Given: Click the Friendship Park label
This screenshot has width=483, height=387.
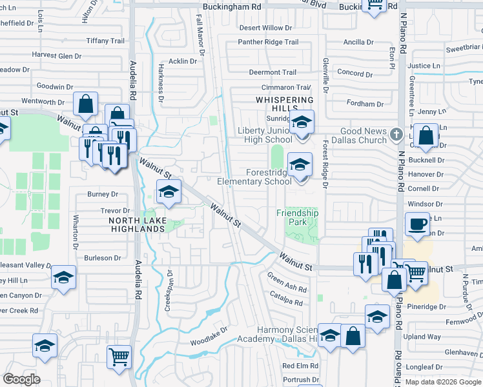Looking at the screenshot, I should [x=297, y=217].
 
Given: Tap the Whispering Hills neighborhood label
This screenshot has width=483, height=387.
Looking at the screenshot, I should [x=284, y=104].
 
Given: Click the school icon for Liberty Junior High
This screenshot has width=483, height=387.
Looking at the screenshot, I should [x=301, y=122].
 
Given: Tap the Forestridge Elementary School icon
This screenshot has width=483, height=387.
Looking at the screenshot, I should [x=300, y=164].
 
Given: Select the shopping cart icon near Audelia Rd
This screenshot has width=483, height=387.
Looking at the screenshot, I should [x=119, y=357].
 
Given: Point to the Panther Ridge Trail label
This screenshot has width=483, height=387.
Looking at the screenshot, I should [x=268, y=42].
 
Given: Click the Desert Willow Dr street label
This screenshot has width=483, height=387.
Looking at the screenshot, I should [x=265, y=28].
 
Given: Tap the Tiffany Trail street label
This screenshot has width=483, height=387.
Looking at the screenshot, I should [x=105, y=41].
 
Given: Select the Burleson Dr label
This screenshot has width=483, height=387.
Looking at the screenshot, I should [x=102, y=257].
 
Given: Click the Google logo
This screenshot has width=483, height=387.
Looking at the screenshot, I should [x=21, y=379].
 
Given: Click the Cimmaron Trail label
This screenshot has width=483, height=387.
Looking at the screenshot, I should [x=285, y=87].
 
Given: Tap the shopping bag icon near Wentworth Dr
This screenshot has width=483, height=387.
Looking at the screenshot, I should [x=85, y=103].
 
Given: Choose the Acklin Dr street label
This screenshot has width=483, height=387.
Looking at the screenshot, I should [x=182, y=61].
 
